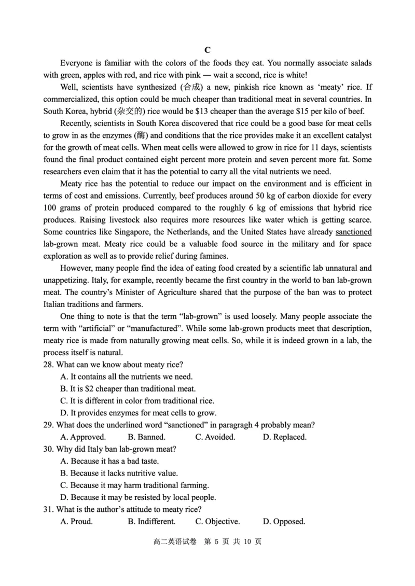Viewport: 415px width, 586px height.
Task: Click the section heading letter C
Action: [207, 50]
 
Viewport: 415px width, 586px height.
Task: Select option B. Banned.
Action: [146, 437]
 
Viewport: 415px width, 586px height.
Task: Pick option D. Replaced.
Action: [284, 437]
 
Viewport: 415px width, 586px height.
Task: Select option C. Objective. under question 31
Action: [217, 521]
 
